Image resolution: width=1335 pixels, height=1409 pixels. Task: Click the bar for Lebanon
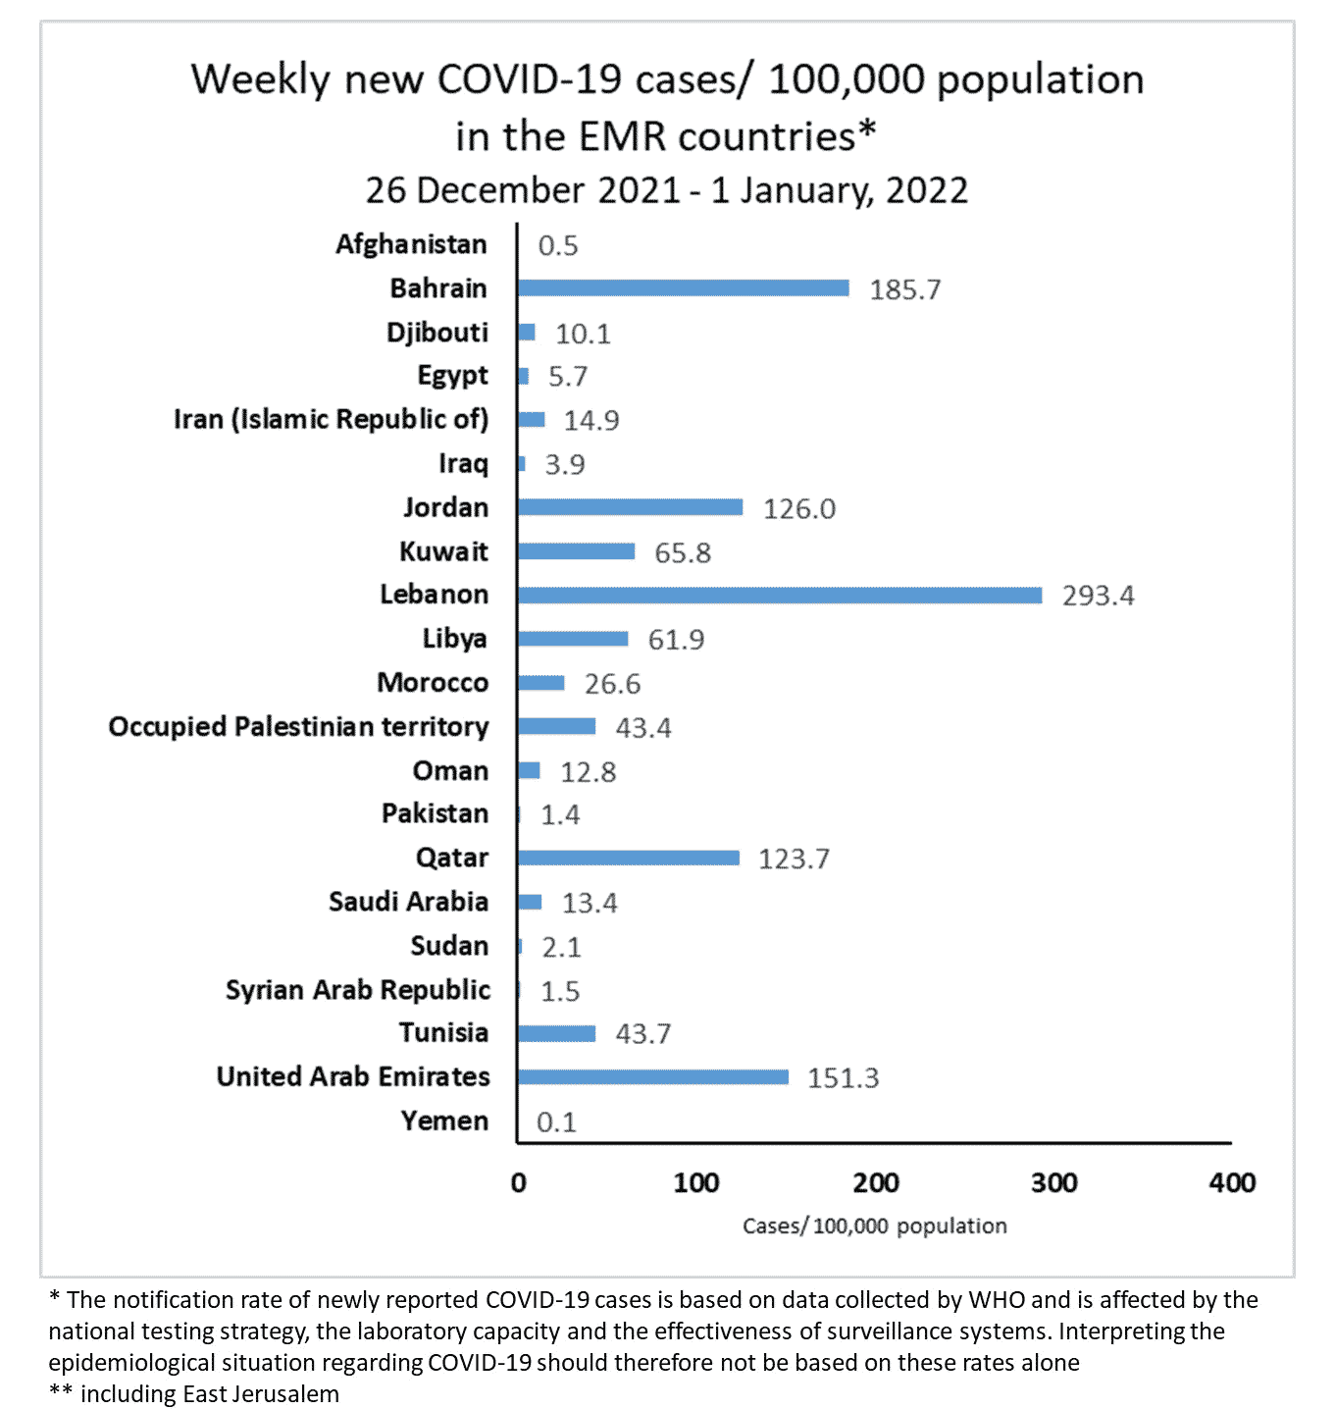pos(780,596)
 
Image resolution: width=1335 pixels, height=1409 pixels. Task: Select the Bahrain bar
pos(684,288)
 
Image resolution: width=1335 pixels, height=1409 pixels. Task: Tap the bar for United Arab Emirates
pos(653,1077)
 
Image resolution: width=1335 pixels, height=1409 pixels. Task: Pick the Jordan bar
pos(630,507)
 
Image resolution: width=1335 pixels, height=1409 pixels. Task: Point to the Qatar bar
pos(629,859)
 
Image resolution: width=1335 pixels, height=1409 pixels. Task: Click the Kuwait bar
pos(577,551)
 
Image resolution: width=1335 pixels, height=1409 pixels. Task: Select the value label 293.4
pos(1098,596)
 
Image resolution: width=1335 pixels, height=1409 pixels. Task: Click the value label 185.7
pos(904,289)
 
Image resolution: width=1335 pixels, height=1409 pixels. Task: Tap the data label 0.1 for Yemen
pos(556,1122)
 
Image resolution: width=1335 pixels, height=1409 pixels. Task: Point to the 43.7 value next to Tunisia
pos(642,1033)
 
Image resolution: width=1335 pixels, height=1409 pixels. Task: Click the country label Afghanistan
pos(411,244)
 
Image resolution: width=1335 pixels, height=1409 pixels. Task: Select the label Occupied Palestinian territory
pos(298,727)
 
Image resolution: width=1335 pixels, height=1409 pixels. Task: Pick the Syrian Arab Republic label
pos(357,990)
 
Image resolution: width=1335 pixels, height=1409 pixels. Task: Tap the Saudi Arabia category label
pos(408,902)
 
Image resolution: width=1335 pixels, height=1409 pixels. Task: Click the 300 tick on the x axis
pos(1053,1183)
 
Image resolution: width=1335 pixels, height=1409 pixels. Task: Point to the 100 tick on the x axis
pos(696,1183)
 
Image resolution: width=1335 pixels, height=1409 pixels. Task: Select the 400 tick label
pos(1232,1183)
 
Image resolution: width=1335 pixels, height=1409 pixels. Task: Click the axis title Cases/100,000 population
pos(874,1226)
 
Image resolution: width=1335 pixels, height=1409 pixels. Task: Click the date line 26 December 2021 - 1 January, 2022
pos(667,190)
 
